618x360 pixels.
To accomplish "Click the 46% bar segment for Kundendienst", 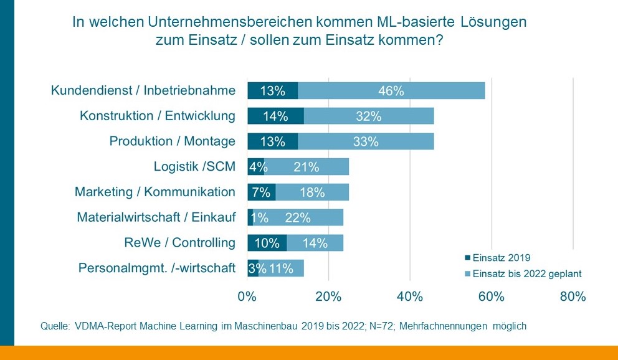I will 391,90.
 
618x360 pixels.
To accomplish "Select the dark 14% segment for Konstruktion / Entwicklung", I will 275,116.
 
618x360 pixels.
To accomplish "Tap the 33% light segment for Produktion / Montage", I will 366,141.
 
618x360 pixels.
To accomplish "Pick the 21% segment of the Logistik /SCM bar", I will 307,167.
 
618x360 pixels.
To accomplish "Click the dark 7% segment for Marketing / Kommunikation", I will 261,192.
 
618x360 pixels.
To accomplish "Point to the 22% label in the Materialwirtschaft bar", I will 297,217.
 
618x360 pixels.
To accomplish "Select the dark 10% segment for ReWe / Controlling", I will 267,243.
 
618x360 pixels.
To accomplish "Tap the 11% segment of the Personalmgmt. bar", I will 281,268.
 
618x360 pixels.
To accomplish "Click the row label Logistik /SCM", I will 194,167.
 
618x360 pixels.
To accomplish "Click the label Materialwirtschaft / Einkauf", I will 156,217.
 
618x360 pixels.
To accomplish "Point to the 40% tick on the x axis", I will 410,297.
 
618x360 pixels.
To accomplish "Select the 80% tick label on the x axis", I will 573,297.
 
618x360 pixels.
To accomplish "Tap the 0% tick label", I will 247,297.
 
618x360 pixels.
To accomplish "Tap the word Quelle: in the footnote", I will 54,326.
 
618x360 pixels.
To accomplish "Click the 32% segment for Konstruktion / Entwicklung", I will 368,116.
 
